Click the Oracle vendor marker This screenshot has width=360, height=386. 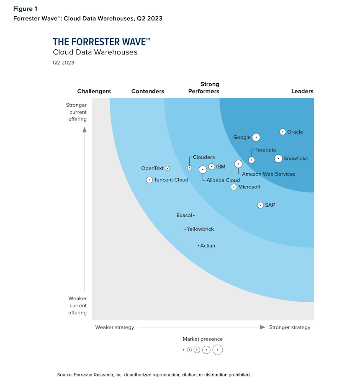(283, 132)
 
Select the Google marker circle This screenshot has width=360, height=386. (256, 137)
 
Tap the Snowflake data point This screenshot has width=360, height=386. (278, 158)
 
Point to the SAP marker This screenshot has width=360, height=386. (261, 205)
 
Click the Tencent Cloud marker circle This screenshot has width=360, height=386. (149, 180)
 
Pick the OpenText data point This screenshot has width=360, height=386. (167, 168)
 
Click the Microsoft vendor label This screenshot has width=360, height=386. (249, 187)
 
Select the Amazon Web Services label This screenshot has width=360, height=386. (268, 174)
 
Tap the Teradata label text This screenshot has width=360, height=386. (265, 150)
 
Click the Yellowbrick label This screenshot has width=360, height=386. (201, 229)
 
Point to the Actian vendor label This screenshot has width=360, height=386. (208, 246)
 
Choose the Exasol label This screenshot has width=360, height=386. (184, 216)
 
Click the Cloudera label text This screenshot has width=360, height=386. (204, 157)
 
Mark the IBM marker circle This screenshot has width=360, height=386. (212, 167)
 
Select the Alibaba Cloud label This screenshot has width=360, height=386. (223, 180)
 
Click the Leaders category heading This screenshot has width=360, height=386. (302, 91)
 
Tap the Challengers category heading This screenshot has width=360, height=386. (94, 91)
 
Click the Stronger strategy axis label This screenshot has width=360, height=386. (290, 327)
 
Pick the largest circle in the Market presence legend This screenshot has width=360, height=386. (218, 350)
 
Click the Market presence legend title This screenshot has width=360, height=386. (203, 339)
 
